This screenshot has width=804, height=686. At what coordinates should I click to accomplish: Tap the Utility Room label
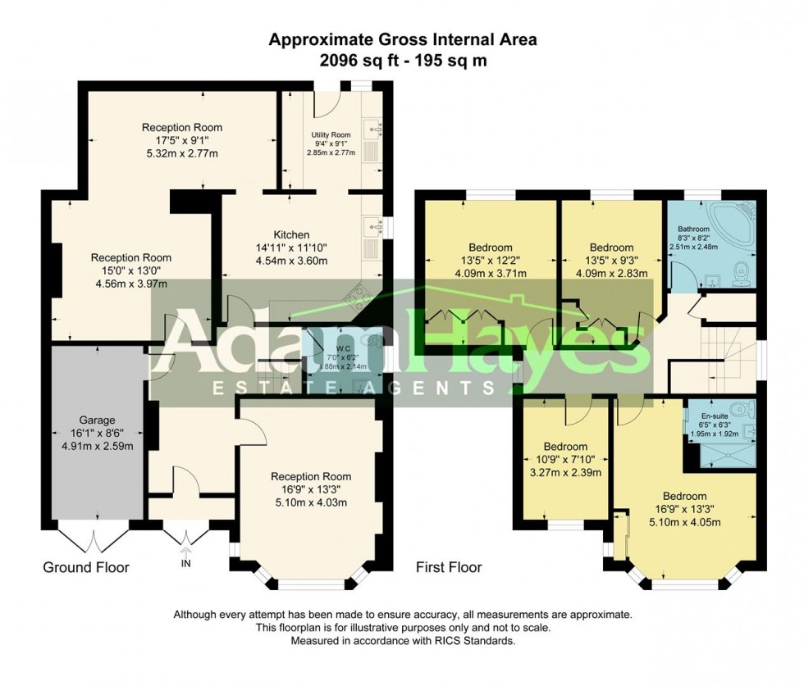pos(331,134)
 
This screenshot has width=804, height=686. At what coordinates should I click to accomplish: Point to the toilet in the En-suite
pos(740,410)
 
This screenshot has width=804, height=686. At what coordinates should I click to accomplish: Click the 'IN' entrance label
pos(186,564)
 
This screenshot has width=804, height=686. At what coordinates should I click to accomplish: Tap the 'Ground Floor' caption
pos(85,567)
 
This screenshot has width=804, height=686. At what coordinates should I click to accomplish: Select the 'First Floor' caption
pos(448,567)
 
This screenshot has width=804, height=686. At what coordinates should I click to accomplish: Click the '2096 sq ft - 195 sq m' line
pos(402,60)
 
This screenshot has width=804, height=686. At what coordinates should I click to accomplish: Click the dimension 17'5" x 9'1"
pos(181,140)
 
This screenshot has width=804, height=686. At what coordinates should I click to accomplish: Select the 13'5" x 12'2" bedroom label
pos(490,261)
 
